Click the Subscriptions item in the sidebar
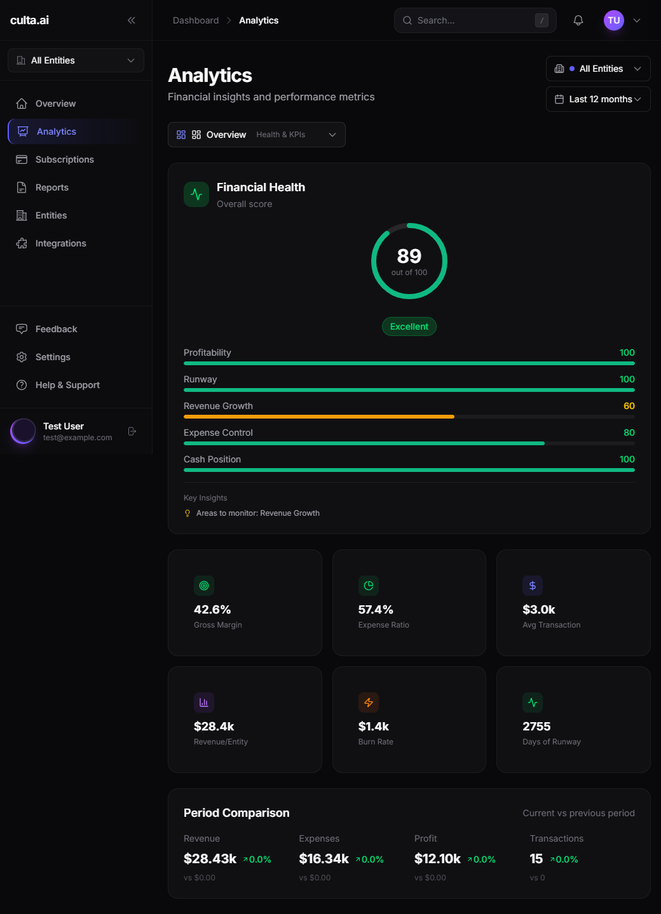pos(64,159)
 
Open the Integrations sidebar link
pos(60,243)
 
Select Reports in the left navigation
pos(51,187)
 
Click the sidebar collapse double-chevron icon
pos(132,20)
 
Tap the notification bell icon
pos(578,20)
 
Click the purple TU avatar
pos(613,20)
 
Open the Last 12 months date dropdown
pos(597,99)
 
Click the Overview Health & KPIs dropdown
pos(256,135)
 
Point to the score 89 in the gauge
pos(409,256)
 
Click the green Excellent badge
pos(409,326)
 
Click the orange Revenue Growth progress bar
pos(318,417)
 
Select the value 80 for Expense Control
pos(629,433)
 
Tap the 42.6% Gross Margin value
pos(212,610)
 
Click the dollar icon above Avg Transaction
pos(533,586)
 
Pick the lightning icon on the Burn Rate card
pos(369,702)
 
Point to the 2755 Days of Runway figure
pos(536,727)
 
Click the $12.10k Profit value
pos(437,859)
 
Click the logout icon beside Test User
pos(132,431)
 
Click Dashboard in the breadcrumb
pos(196,20)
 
